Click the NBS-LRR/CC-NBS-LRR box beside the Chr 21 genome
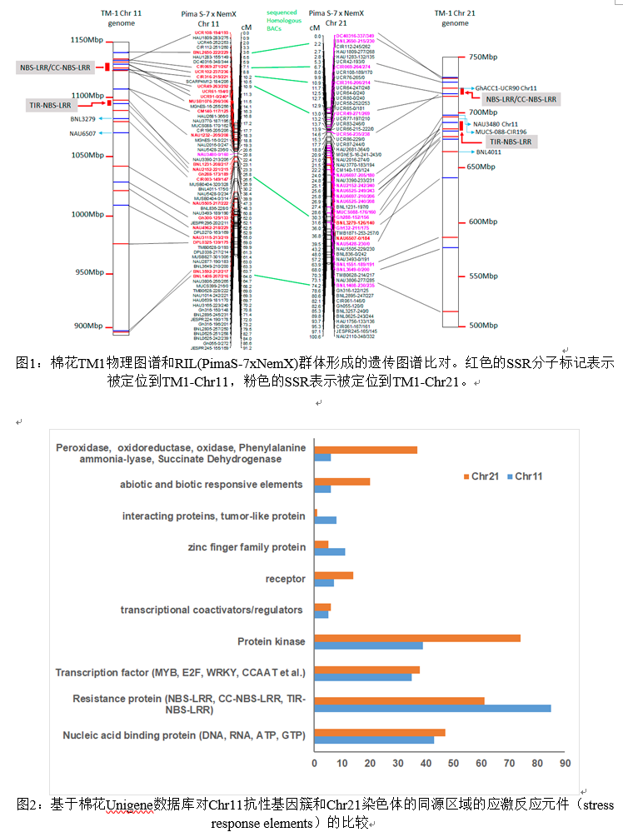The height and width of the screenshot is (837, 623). (x=521, y=99)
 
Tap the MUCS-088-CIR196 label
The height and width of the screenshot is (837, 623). (x=501, y=132)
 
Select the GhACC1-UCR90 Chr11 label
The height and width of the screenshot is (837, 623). (x=506, y=87)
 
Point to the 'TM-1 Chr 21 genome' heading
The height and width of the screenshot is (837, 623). (x=455, y=18)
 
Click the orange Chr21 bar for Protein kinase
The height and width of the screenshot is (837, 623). (x=417, y=638)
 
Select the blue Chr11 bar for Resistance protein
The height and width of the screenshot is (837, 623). (x=432, y=709)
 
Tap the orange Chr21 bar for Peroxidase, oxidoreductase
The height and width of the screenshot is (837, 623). (x=366, y=450)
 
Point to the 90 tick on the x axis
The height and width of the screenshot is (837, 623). (x=565, y=763)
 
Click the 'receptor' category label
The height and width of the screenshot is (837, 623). (x=285, y=578)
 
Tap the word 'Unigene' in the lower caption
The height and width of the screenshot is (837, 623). (x=134, y=805)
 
